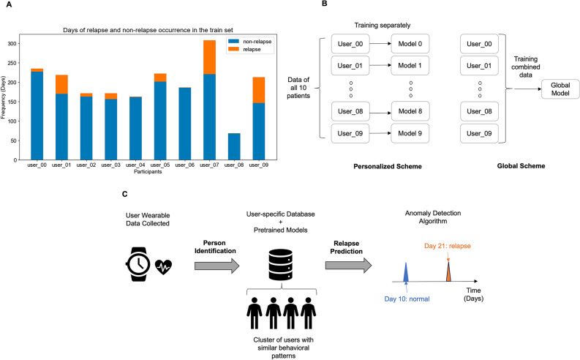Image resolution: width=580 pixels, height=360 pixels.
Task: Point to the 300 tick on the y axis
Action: pos(15,44)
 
